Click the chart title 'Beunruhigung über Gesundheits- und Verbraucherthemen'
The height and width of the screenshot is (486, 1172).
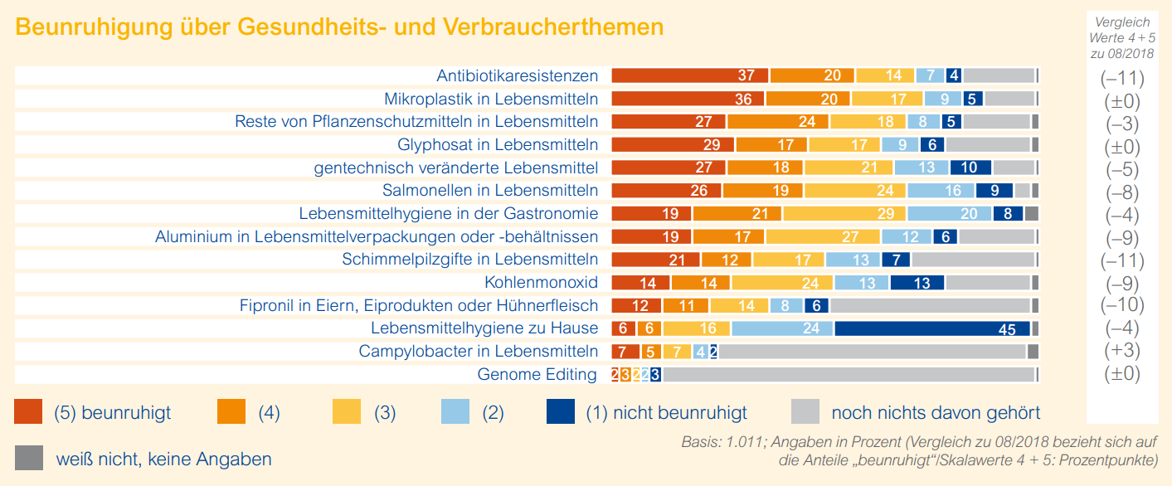pos(339,27)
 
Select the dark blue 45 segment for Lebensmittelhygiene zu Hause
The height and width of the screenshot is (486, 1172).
pos(932,328)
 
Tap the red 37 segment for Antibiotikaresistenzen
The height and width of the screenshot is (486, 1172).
pos(689,75)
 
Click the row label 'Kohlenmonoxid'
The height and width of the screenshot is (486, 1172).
pos(541,282)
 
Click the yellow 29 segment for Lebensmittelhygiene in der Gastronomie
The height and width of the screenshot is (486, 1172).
pos(844,213)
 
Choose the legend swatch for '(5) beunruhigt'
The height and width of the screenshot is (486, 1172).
pos(28,412)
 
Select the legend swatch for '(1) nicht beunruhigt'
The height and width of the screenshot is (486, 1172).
pos(561,412)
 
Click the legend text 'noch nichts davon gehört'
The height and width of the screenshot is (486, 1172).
pos(936,413)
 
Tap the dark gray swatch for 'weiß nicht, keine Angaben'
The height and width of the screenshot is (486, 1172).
pos(28,458)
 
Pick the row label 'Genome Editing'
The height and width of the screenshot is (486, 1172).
pos(537,374)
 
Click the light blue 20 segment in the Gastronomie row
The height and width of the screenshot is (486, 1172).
pos(950,213)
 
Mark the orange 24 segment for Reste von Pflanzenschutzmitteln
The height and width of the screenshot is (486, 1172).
pos(778,121)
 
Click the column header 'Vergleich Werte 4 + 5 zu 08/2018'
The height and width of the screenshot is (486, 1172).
pos(1122,37)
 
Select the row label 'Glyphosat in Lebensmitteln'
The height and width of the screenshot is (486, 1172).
pos(498,144)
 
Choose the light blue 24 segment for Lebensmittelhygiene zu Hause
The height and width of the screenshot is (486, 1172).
pos(782,328)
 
